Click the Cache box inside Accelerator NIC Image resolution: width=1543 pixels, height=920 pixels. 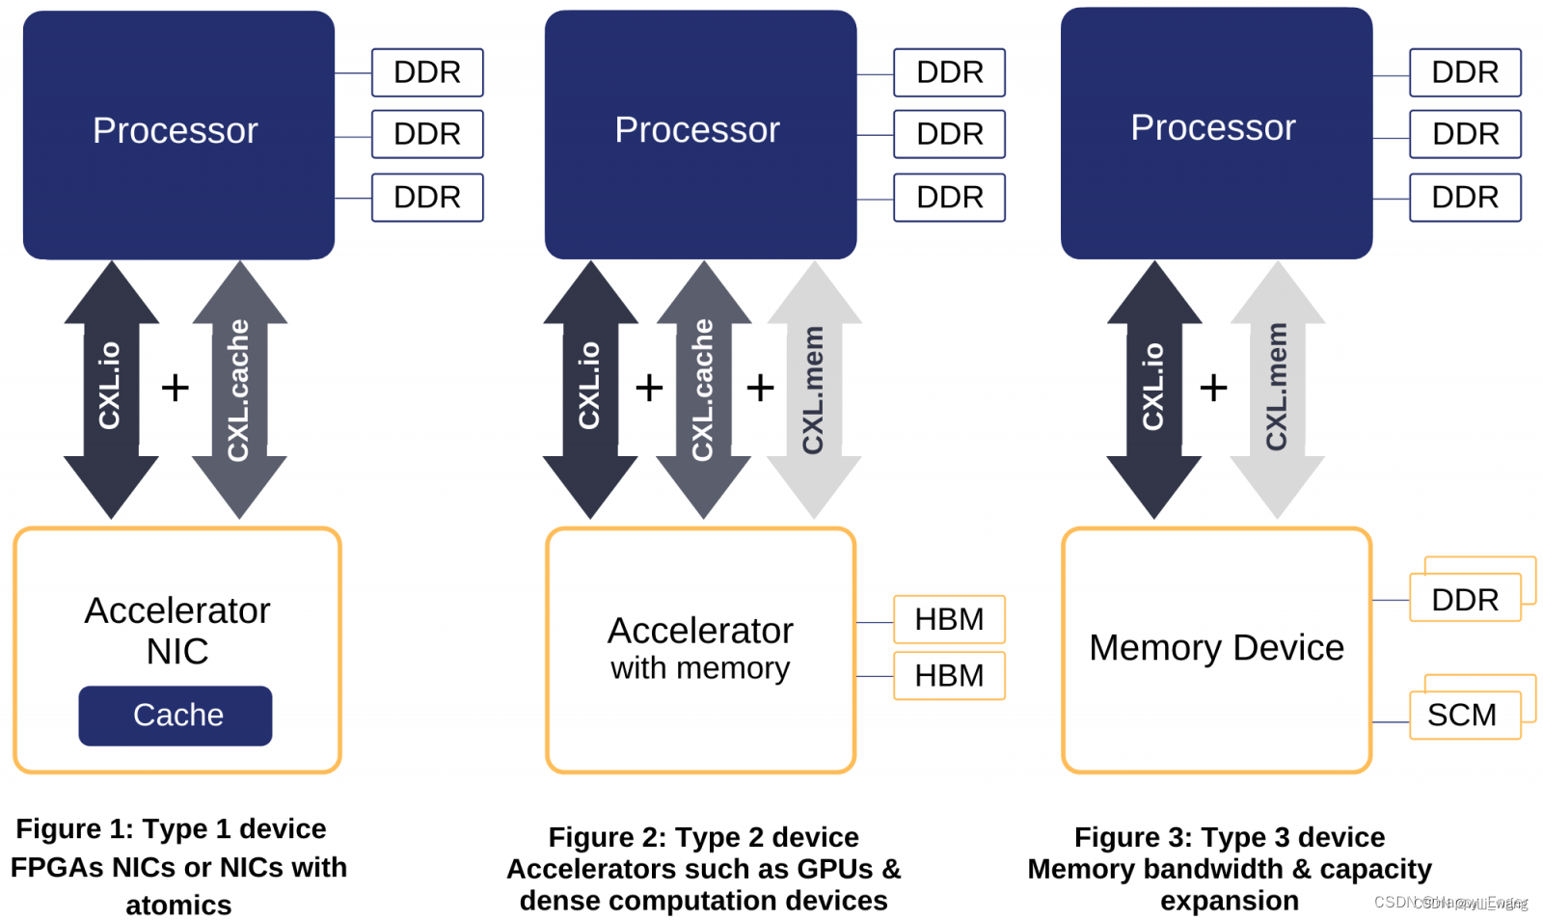176,716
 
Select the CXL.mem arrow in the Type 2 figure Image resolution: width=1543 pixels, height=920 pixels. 814,390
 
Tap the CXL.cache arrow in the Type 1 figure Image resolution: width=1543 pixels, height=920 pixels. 239,390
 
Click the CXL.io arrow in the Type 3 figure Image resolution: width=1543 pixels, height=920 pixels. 1153,390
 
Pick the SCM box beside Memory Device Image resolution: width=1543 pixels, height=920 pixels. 1464,716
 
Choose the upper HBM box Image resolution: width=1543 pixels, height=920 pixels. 949,619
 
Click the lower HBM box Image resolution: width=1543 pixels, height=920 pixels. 949,676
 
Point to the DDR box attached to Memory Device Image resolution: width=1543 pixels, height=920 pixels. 1464,599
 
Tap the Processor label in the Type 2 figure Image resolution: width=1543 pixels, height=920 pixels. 697,130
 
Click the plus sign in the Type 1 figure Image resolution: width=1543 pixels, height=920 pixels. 175,388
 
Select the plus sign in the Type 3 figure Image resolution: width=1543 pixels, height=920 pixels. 1213,388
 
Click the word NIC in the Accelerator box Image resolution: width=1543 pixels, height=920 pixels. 177,652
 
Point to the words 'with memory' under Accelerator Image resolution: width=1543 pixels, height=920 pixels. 700,668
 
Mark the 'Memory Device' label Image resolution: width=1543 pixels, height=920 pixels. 1216,648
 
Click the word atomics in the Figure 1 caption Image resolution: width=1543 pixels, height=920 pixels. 178,906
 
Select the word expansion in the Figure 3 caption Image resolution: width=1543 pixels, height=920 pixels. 1230,901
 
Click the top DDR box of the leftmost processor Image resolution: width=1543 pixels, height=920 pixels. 427,72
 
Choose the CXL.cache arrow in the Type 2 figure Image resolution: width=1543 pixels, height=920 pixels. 703,390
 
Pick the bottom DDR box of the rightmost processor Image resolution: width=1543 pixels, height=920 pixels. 1465,198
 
